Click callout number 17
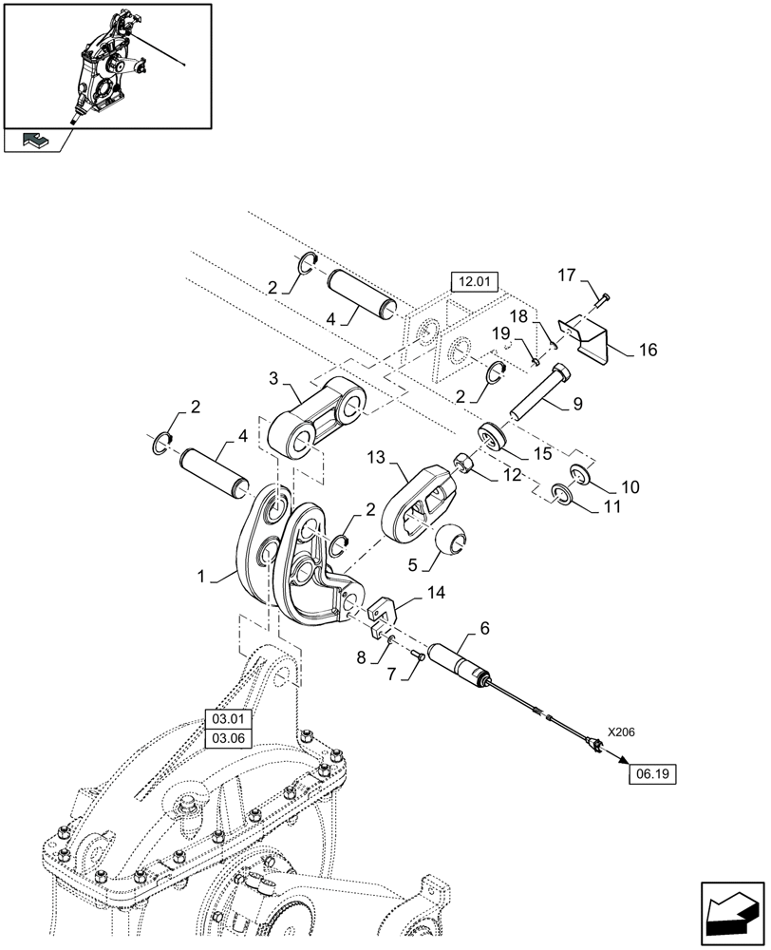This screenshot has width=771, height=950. pyautogui.click(x=566, y=276)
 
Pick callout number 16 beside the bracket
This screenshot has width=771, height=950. pyautogui.click(x=647, y=351)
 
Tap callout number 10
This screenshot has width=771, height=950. pyautogui.click(x=630, y=486)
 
